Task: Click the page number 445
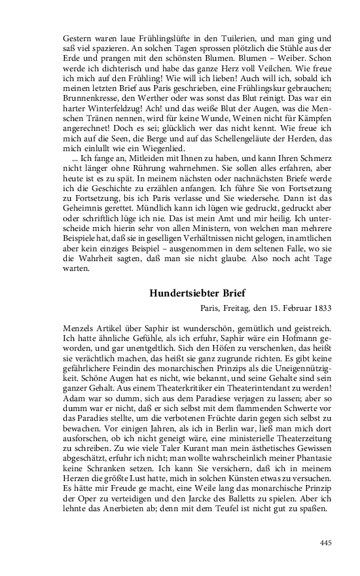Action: (x=325, y=542)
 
